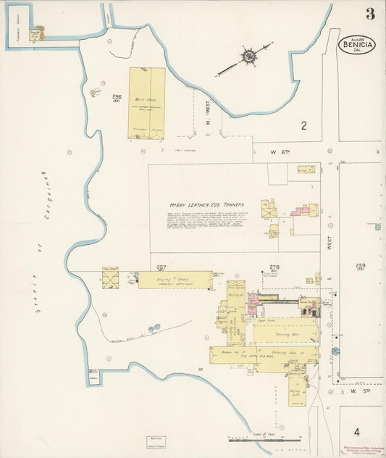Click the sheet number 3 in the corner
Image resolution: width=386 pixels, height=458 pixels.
point(370,14)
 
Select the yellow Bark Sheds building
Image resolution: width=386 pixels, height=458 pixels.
point(147,103)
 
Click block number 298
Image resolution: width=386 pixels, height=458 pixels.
point(117,96)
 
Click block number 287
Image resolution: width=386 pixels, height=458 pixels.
point(161,267)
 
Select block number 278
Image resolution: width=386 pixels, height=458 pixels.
point(274,267)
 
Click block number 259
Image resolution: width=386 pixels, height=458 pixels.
point(361,266)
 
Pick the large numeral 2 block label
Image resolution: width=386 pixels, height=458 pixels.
point(303,126)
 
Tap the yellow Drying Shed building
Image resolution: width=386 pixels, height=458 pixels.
point(175,280)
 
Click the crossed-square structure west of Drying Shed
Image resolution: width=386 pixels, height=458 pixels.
point(111,277)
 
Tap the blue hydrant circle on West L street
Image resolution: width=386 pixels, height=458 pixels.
point(335,351)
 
